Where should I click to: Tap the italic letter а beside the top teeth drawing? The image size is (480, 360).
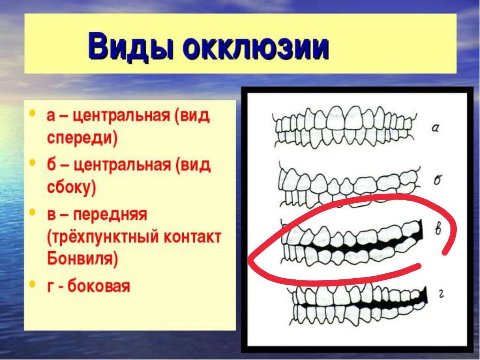(x=435, y=128)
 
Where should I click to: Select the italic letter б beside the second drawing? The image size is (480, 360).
(x=437, y=180)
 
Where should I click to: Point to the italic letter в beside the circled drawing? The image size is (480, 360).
(x=438, y=229)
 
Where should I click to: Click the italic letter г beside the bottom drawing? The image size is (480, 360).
(x=441, y=295)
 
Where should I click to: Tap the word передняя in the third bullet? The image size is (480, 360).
(x=110, y=215)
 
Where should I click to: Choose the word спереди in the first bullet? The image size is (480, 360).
(x=82, y=138)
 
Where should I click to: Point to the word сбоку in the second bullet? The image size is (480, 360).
(x=72, y=187)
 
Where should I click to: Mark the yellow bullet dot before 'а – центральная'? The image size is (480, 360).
(x=32, y=113)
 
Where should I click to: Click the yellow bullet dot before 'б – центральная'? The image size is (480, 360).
(x=32, y=162)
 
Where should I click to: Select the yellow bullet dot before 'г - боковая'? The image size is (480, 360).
(x=32, y=284)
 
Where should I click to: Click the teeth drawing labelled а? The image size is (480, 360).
(x=344, y=127)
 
